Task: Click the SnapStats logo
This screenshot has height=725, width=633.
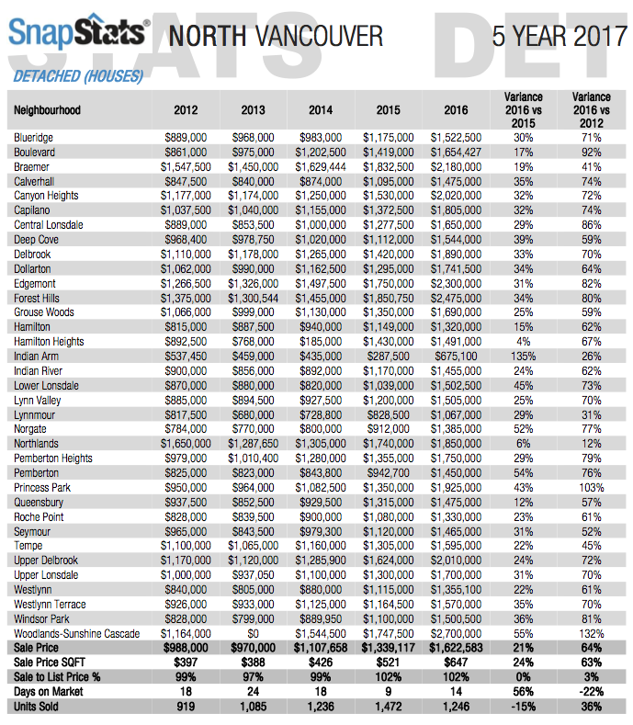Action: pyautogui.click(x=79, y=31)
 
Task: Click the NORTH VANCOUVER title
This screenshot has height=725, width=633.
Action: pyautogui.click(x=276, y=36)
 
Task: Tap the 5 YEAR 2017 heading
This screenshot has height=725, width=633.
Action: pyautogui.click(x=560, y=36)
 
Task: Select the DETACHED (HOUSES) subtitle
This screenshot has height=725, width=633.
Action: pyautogui.click(x=78, y=76)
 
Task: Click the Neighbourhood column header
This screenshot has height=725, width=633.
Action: pyautogui.click(x=47, y=110)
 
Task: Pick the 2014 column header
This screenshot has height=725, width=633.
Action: pyautogui.click(x=321, y=110)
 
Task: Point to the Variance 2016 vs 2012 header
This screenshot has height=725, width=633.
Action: pyautogui.click(x=592, y=110)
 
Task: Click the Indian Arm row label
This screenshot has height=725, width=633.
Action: pyautogui.click(x=36, y=357)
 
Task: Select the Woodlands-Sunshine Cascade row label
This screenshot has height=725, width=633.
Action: pyautogui.click(x=77, y=633)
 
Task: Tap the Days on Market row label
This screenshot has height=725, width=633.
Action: pyautogui.click(x=48, y=692)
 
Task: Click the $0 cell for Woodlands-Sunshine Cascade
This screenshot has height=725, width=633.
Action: pyautogui.click(x=253, y=633)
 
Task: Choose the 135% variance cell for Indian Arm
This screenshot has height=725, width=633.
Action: pyautogui.click(x=524, y=357)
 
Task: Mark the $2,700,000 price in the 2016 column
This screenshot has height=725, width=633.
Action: pyautogui.click(x=456, y=633)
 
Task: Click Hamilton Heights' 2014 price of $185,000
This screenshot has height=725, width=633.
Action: pyautogui.click(x=321, y=342)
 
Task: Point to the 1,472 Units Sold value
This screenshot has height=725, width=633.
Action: pyautogui.click(x=389, y=707)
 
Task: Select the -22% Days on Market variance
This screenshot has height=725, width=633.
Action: pyautogui.click(x=592, y=692)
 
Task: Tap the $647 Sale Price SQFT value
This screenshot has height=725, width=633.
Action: pyautogui.click(x=456, y=663)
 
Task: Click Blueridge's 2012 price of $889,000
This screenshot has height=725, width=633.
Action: pyautogui.click(x=186, y=138)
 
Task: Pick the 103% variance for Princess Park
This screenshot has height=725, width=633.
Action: pyautogui.click(x=592, y=488)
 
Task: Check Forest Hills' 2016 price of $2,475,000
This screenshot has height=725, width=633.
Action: pyautogui.click(x=456, y=299)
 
